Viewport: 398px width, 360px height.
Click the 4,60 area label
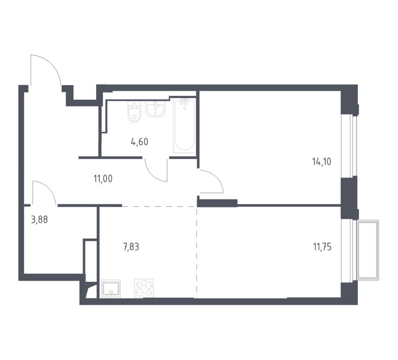pyautogui.click(x=139, y=142)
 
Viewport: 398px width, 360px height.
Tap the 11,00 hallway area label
pyautogui.click(x=103, y=179)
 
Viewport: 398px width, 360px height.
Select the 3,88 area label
pyautogui.click(x=39, y=219)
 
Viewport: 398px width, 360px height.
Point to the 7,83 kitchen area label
pyautogui.click(x=131, y=247)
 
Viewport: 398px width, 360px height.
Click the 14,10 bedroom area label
pyautogui.click(x=322, y=162)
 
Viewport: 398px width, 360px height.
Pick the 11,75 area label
pyautogui.click(x=322, y=247)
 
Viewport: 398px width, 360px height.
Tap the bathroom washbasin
pyautogui.click(x=155, y=109)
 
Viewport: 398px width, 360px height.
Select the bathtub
pyautogui.click(x=184, y=126)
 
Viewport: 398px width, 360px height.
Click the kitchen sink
pyautogui.click(x=111, y=288)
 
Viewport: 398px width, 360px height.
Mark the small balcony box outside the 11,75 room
pyautogui.click(x=368, y=250)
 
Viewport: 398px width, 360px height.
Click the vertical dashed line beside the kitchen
pyautogui.click(x=196, y=252)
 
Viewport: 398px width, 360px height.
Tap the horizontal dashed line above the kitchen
pyautogui.click(x=160, y=207)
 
